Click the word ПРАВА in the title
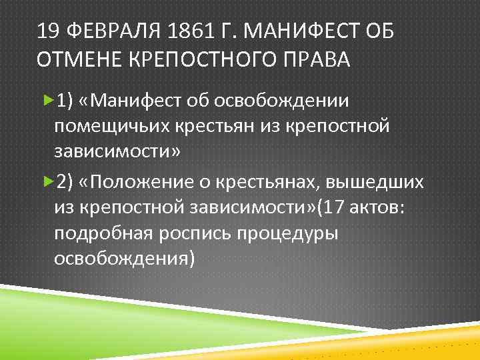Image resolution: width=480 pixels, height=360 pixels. click(320, 59)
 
